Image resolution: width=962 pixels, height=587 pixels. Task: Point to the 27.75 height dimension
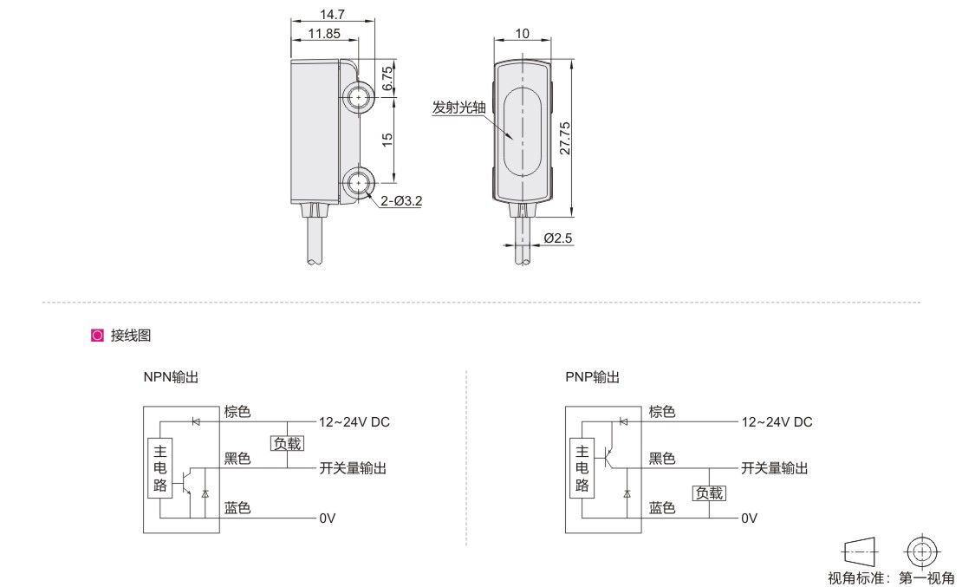pyautogui.click(x=564, y=139)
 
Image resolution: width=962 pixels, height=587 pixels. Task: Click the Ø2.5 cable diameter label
pyautogui.click(x=559, y=238)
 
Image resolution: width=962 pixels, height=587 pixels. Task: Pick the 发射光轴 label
pyautogui.click(x=459, y=108)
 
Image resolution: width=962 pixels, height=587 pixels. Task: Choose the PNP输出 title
pyautogui.click(x=592, y=377)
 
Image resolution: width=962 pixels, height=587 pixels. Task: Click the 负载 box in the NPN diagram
pyautogui.click(x=287, y=444)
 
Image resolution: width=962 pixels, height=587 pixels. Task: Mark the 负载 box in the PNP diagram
pyautogui.click(x=708, y=493)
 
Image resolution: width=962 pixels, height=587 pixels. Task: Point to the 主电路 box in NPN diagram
pyautogui.click(x=160, y=468)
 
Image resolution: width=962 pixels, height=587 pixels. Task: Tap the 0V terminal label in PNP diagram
pyautogui.click(x=749, y=519)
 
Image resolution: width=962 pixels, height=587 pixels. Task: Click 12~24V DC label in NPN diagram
pyautogui.click(x=354, y=422)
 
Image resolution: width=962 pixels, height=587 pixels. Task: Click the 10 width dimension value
pyautogui.click(x=523, y=34)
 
